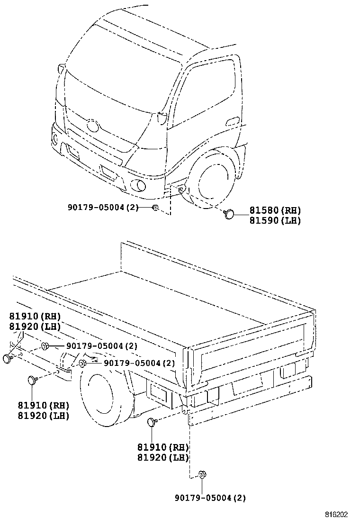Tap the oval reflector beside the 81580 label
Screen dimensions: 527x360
coord(229,214)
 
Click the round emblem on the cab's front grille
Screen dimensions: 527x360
coord(92,126)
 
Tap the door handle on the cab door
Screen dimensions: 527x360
coord(233,122)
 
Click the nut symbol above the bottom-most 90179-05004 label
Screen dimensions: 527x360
coord(202,474)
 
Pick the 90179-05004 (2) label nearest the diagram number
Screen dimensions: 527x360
coord(210,498)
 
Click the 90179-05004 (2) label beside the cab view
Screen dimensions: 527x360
coord(102,207)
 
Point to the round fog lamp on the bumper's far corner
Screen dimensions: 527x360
coord(55,139)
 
